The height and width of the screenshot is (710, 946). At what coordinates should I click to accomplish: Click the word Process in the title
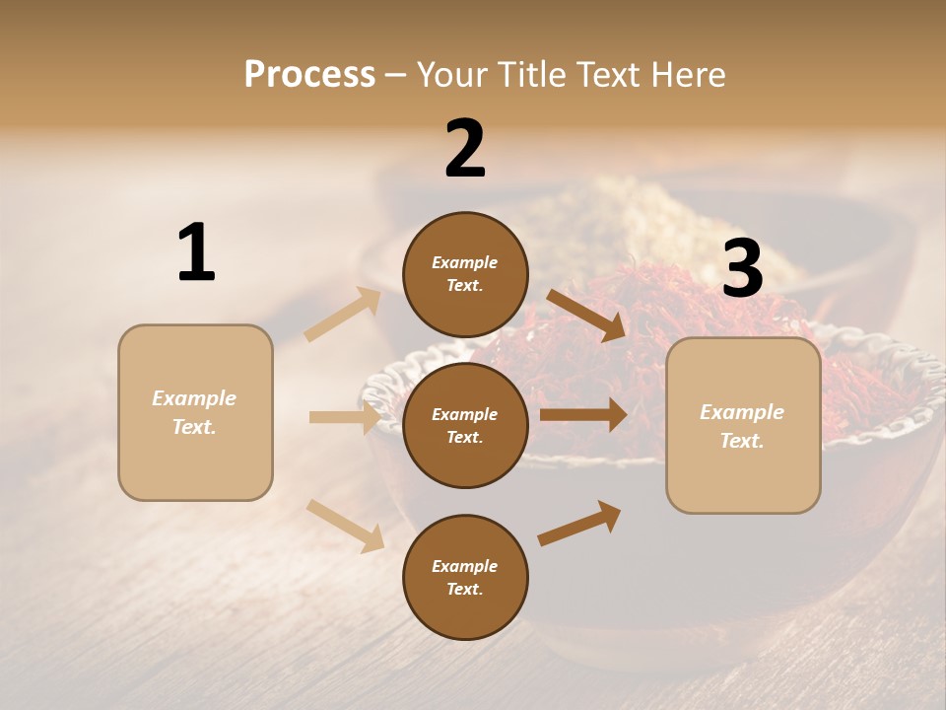pyautogui.click(x=309, y=75)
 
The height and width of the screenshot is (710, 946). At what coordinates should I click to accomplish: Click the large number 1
pyautogui.click(x=196, y=253)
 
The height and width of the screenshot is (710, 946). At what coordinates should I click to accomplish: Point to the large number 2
pyautogui.click(x=465, y=149)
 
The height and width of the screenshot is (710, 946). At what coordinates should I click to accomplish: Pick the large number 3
pyautogui.click(x=742, y=268)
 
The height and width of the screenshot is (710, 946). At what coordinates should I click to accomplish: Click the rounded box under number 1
pyautogui.click(x=195, y=412)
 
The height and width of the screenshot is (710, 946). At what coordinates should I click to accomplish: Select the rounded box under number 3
pyautogui.click(x=743, y=426)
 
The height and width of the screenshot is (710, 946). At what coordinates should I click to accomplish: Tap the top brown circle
pyautogui.click(x=465, y=274)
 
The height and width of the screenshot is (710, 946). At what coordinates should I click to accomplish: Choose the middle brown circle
pyautogui.click(x=465, y=425)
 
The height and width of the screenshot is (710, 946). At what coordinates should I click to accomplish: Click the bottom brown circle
pyautogui.click(x=465, y=577)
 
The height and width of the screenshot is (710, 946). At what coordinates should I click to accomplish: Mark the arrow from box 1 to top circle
pyautogui.click(x=343, y=315)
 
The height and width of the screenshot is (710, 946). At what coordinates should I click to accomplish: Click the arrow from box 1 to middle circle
pyautogui.click(x=345, y=417)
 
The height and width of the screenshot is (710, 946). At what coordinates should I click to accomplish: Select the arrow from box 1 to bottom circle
pyautogui.click(x=345, y=526)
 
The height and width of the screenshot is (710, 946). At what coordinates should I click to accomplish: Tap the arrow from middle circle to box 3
pyautogui.click(x=583, y=415)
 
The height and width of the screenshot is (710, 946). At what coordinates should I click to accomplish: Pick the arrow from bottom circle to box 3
pyautogui.click(x=579, y=523)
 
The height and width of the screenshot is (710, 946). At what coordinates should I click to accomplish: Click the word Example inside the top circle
pyautogui.click(x=465, y=263)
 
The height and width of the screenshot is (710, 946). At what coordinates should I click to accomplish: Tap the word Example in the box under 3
pyautogui.click(x=742, y=412)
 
